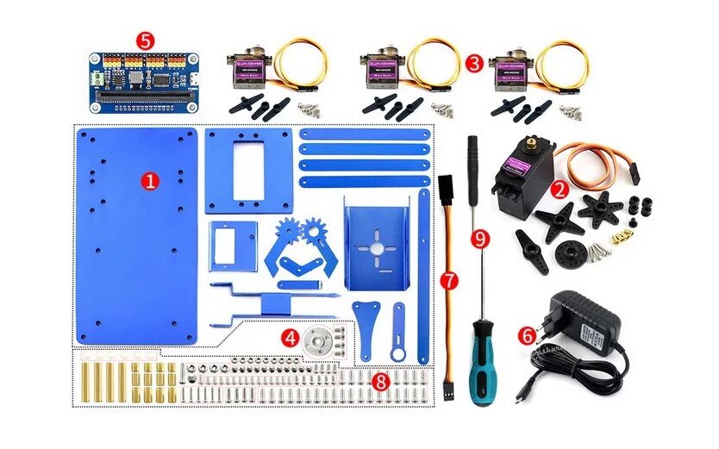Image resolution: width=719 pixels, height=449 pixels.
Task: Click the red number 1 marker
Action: [151, 180]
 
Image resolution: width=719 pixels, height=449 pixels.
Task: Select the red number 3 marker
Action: [473, 63]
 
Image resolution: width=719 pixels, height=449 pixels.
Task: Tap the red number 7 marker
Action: [447, 279]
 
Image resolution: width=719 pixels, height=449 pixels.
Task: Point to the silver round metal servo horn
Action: [318, 341]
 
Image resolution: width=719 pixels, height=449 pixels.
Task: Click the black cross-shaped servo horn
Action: [555, 221]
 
